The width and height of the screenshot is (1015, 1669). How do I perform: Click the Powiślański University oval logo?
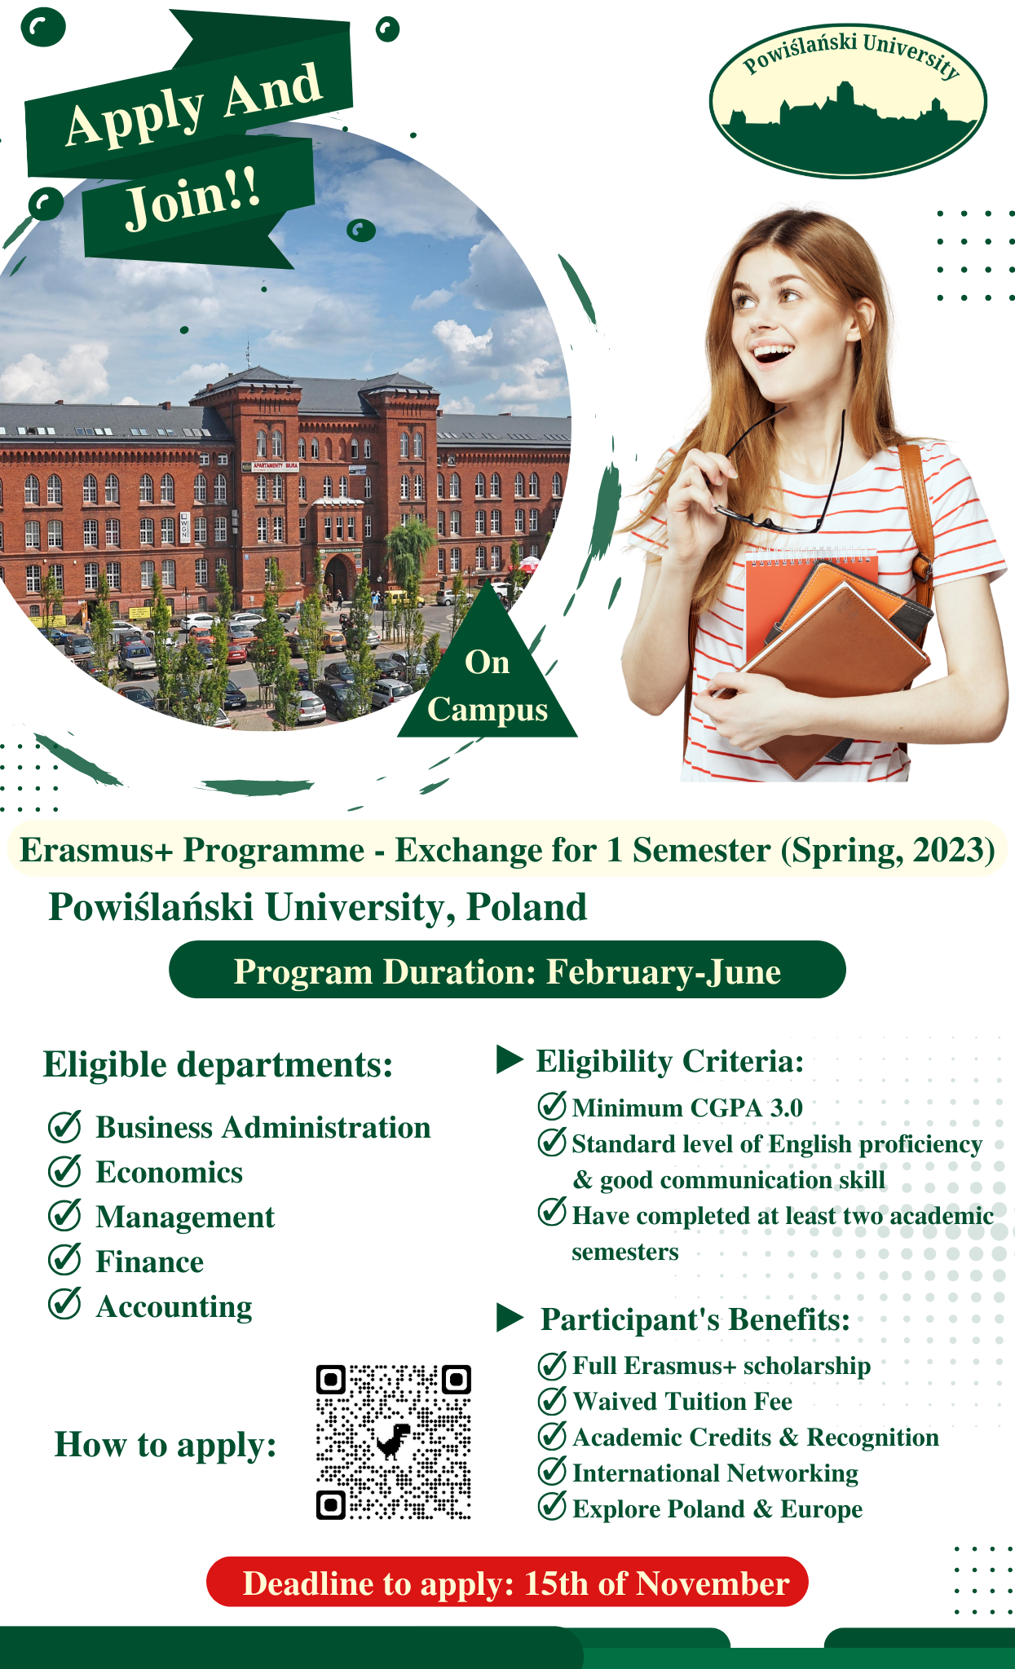point(848,100)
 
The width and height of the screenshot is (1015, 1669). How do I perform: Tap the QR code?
point(394,1442)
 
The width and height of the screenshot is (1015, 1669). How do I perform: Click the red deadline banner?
point(507,1582)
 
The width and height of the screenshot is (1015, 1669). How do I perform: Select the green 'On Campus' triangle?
point(488,664)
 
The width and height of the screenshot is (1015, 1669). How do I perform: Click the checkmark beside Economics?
point(64,1170)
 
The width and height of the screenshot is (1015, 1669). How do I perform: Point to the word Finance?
point(150,1262)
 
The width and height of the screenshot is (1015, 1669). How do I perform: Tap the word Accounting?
point(174,1307)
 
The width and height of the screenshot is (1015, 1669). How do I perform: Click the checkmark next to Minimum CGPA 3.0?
point(553,1105)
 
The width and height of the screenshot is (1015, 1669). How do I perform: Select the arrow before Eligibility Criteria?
point(510,1059)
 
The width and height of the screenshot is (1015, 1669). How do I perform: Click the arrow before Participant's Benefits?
point(510,1318)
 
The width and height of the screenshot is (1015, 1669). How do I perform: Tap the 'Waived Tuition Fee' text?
point(682,1401)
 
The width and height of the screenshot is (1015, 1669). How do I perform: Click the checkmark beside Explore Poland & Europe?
point(553,1506)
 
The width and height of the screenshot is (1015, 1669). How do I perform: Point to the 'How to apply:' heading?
point(165,1445)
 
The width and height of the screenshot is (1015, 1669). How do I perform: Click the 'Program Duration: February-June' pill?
point(507,970)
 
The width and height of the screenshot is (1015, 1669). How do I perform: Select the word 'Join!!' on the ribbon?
point(194,198)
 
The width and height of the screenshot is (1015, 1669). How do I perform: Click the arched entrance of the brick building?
point(340,575)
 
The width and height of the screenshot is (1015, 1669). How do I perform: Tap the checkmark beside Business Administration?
point(64,1125)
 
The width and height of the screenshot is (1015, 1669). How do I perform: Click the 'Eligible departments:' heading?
point(218,1064)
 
